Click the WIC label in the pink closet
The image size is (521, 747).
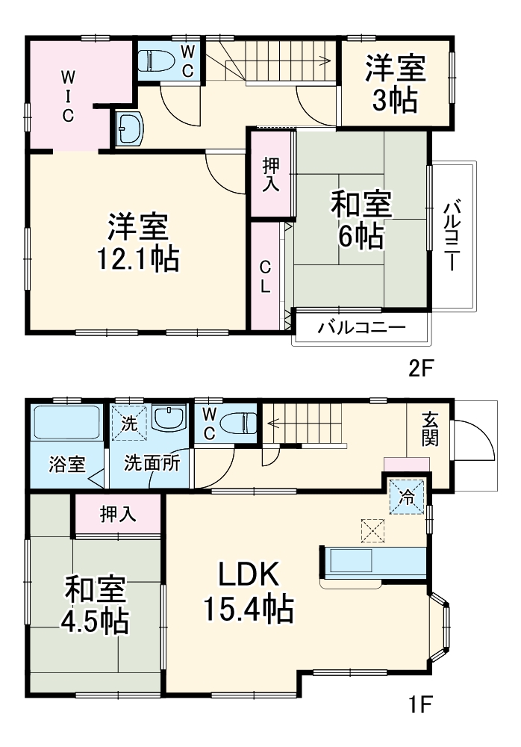tap(67, 95)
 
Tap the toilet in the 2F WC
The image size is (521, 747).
tap(155, 59)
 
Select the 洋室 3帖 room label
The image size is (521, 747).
tap(395, 84)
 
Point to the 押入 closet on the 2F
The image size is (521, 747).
tap(270, 174)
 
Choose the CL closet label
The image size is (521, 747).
tap(265, 276)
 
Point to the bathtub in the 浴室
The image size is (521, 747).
tap(67, 425)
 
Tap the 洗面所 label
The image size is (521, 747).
tap(152, 462)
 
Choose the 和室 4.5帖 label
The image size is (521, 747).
tap(95, 604)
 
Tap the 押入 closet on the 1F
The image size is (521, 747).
tap(119, 515)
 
